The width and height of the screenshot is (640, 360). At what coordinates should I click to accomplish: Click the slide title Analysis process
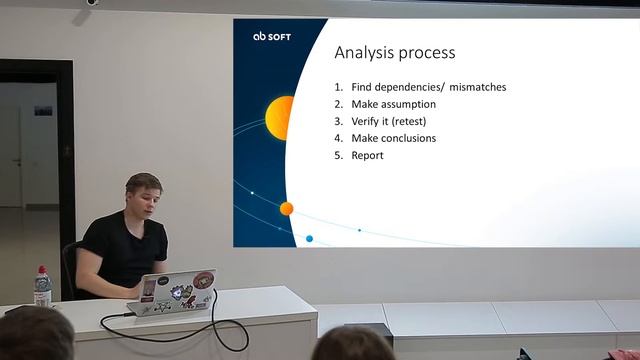(x=394, y=52)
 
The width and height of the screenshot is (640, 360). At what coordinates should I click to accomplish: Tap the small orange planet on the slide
(x=286, y=208)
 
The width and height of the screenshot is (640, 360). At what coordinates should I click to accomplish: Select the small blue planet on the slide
(x=309, y=239)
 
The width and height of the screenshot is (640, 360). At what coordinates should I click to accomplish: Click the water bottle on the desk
(x=42, y=288)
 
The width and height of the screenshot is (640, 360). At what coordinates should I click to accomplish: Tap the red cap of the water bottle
(x=42, y=269)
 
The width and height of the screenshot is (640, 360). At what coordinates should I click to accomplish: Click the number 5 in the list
(x=338, y=155)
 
